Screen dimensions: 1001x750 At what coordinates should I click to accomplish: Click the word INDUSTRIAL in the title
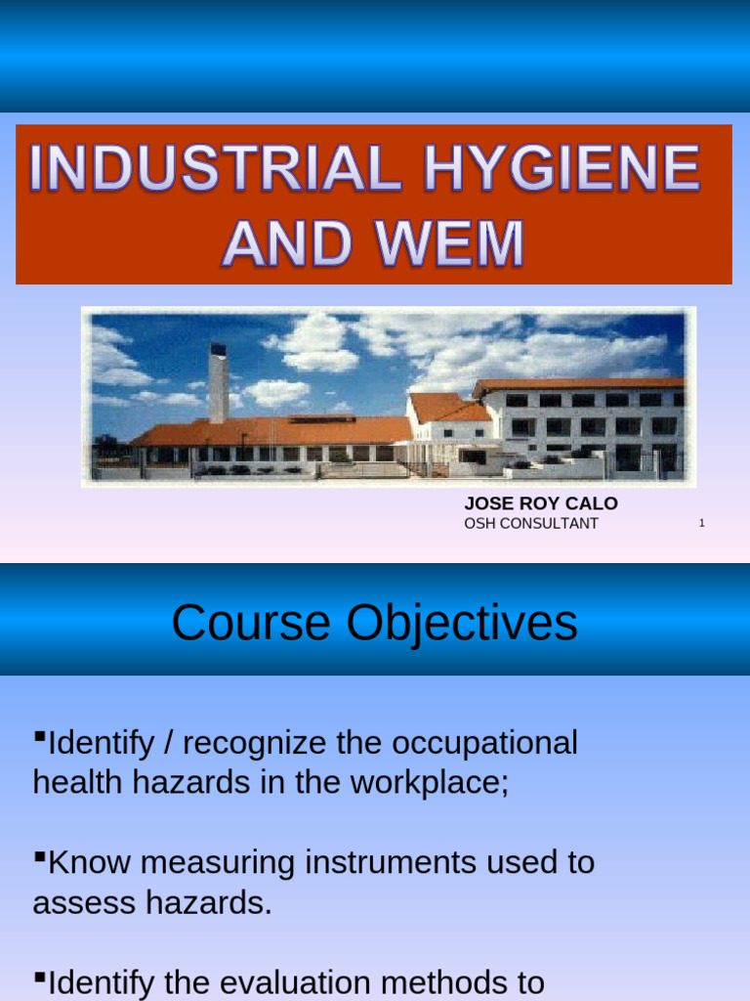coord(215,170)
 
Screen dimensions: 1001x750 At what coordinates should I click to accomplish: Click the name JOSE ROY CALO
coord(540,503)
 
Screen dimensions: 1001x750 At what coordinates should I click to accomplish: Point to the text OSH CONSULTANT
coord(530,524)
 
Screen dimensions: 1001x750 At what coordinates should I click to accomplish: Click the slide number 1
coord(701,524)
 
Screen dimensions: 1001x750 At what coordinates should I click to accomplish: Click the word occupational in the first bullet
coord(484,743)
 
